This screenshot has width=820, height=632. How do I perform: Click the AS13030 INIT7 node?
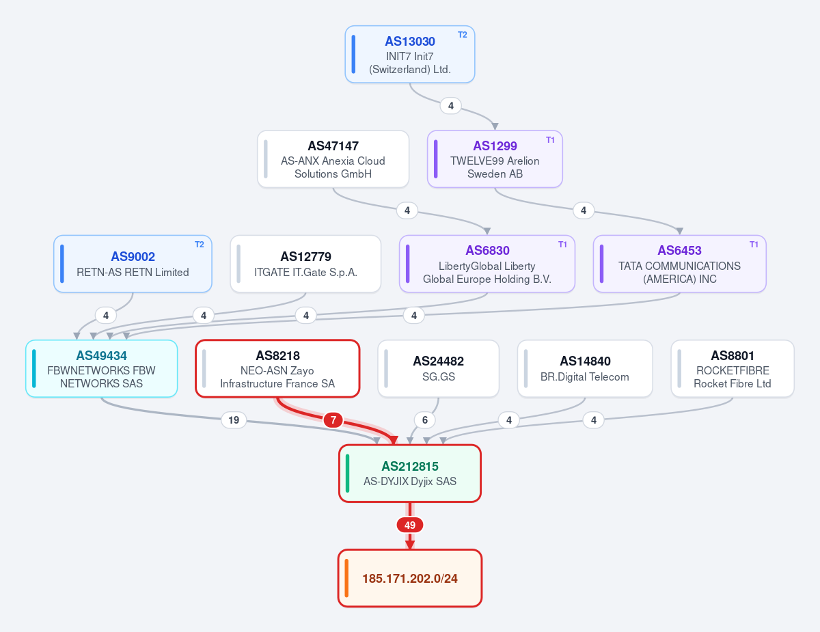point(410,55)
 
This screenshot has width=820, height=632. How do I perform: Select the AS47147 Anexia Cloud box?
point(333,159)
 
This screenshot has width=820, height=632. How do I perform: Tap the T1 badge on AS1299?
point(550,140)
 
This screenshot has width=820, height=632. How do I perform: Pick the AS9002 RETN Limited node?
point(133,264)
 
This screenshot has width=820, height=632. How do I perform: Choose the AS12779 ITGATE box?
point(305,264)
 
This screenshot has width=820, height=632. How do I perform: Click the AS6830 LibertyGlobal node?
point(487,264)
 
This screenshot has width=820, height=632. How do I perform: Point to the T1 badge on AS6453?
point(754,245)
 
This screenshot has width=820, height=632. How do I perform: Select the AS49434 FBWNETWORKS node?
point(102,369)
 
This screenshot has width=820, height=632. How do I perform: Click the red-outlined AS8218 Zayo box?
point(277,369)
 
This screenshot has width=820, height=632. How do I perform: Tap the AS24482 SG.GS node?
point(439,369)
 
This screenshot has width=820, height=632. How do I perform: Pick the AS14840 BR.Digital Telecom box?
point(585,369)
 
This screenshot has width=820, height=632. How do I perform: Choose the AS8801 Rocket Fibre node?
point(733,369)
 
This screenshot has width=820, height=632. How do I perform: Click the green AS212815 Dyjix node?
point(410,473)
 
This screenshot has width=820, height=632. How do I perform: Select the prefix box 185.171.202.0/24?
point(410,578)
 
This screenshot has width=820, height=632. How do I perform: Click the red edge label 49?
point(410,525)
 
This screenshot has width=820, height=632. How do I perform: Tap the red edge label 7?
point(333,420)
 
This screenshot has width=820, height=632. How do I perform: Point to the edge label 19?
point(234,420)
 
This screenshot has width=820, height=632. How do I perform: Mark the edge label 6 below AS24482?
point(425,420)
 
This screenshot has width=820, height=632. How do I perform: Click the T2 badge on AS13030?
point(462,35)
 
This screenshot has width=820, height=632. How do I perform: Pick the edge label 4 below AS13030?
point(450,106)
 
